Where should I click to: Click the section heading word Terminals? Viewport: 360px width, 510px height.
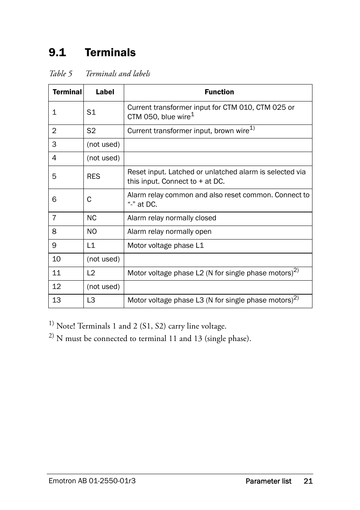pyautogui.click(x=110, y=52)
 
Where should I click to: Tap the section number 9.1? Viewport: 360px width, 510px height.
pyautogui.click(x=57, y=52)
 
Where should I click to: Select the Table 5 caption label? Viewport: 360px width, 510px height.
pyautogui.click(x=60, y=74)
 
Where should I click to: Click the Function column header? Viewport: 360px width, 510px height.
pyautogui.click(x=219, y=92)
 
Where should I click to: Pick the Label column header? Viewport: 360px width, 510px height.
pyautogui.click(x=105, y=92)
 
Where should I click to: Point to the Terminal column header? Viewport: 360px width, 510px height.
pyautogui.click(x=67, y=92)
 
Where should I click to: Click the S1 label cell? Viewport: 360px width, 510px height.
pyautogui.click(x=91, y=112)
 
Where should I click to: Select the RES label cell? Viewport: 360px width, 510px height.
pyautogui.click(x=94, y=177)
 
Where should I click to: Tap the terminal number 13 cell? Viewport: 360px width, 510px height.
pyautogui.click(x=57, y=300)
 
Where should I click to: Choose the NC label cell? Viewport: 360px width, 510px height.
pyautogui.click(x=92, y=218)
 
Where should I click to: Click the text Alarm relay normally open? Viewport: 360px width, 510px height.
pyautogui.click(x=169, y=232)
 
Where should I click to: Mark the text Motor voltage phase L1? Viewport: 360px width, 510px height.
pyautogui.click(x=165, y=246)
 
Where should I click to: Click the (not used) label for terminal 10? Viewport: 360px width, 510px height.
pyautogui.click(x=103, y=259)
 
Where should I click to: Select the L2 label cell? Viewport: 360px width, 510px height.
pyautogui.click(x=91, y=273)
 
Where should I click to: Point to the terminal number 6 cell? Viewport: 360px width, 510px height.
pyautogui.click(x=54, y=200)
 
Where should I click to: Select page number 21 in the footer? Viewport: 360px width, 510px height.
pyautogui.click(x=308, y=481)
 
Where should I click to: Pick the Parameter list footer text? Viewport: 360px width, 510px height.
pyautogui.click(x=268, y=481)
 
